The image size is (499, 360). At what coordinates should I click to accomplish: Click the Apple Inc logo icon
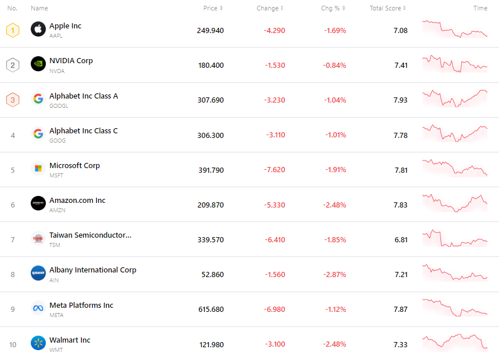pos(38,29)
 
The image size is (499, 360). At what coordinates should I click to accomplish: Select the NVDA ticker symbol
pos(57,71)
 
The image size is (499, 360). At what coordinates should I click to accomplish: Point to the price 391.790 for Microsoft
pos(210,170)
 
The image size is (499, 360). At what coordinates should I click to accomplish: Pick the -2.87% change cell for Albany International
pos(335,274)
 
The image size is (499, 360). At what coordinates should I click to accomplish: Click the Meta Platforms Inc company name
pos(81,305)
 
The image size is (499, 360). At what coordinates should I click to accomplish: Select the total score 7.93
pos(400,100)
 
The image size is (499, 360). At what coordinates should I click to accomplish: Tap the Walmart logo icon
pos(38,343)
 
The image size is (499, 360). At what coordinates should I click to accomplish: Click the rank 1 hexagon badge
pos(13,30)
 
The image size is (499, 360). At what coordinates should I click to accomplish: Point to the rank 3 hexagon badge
pos(13,100)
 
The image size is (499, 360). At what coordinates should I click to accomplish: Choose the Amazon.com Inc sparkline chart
pos(455,203)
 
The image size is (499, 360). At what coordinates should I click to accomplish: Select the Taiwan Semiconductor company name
pos(90,235)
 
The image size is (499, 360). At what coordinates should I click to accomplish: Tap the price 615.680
pos(211,309)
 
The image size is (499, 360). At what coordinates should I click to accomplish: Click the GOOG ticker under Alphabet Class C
pos(57,141)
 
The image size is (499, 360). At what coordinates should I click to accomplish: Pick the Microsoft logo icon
pos(38,169)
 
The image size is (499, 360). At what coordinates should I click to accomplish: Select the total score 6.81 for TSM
pos(400,239)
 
